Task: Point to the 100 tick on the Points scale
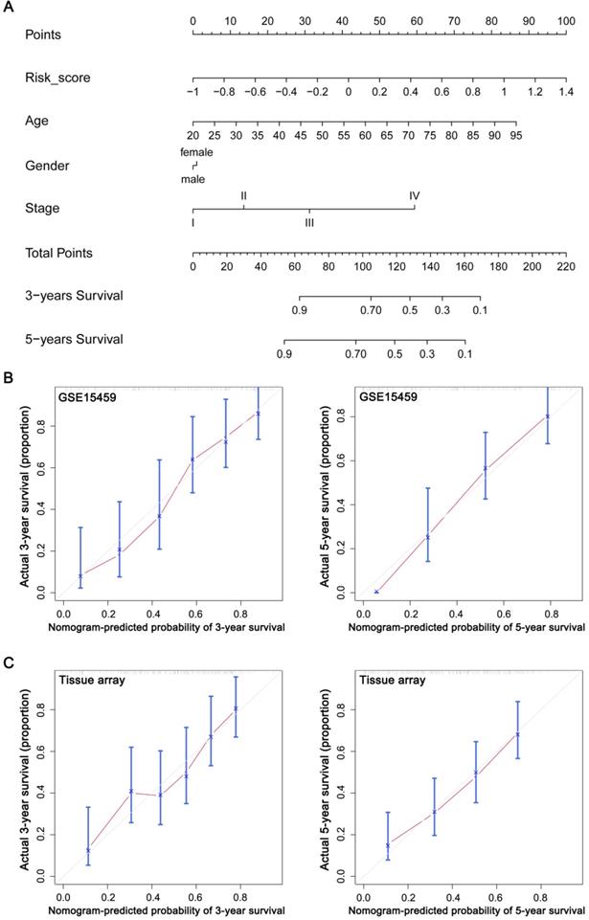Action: click(566, 20)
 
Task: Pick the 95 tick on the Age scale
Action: click(516, 136)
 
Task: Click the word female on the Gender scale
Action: click(195, 151)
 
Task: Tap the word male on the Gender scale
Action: click(193, 178)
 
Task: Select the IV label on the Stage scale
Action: click(414, 195)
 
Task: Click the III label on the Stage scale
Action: click(309, 223)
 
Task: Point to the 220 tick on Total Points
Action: click(565, 267)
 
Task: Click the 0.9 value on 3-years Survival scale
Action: click(299, 310)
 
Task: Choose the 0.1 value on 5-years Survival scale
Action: click(464, 354)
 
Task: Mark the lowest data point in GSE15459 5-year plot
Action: click(376, 592)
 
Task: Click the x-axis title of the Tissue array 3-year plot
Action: click(168, 909)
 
